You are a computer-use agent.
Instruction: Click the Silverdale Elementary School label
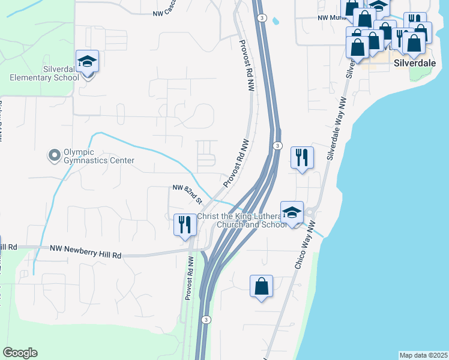click(x=44, y=73)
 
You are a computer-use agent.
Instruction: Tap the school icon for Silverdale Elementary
click(x=87, y=61)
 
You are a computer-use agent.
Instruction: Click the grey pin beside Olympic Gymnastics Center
click(x=54, y=156)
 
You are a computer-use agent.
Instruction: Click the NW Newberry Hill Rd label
click(x=86, y=251)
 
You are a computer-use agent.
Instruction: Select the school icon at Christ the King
click(x=292, y=213)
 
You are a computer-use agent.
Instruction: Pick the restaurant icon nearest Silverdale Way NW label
click(x=301, y=158)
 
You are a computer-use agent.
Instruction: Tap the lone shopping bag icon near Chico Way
click(x=262, y=286)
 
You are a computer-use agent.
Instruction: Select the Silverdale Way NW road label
click(x=339, y=128)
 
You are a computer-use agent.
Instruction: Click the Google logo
click(x=20, y=353)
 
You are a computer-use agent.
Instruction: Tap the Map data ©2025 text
click(x=423, y=355)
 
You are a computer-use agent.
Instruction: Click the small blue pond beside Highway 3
click(x=276, y=21)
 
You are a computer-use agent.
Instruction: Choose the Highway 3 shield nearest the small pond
click(x=262, y=19)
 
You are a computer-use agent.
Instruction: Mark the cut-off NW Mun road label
click(x=329, y=18)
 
